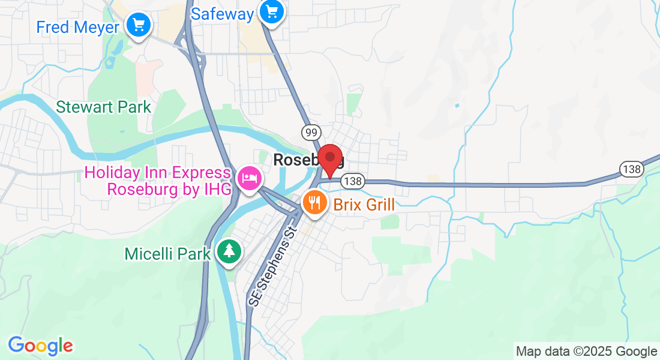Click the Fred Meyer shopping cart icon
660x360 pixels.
coord(139,25)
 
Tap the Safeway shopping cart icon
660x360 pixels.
coord(272,11)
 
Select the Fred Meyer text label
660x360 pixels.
coord(77,27)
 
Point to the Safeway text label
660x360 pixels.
coord(222,14)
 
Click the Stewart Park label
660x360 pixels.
coord(103,107)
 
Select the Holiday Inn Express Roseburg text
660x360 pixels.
coord(157,181)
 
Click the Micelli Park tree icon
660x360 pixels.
coord(229,251)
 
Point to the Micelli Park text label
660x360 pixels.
coord(168,253)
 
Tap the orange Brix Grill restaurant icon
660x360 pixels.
coord(314,203)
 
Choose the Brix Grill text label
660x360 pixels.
coord(364,205)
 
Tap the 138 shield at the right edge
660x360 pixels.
coord(632,169)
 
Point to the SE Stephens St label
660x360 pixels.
coord(272,265)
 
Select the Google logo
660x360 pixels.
coord(40,346)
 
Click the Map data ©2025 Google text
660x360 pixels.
coord(586,352)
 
